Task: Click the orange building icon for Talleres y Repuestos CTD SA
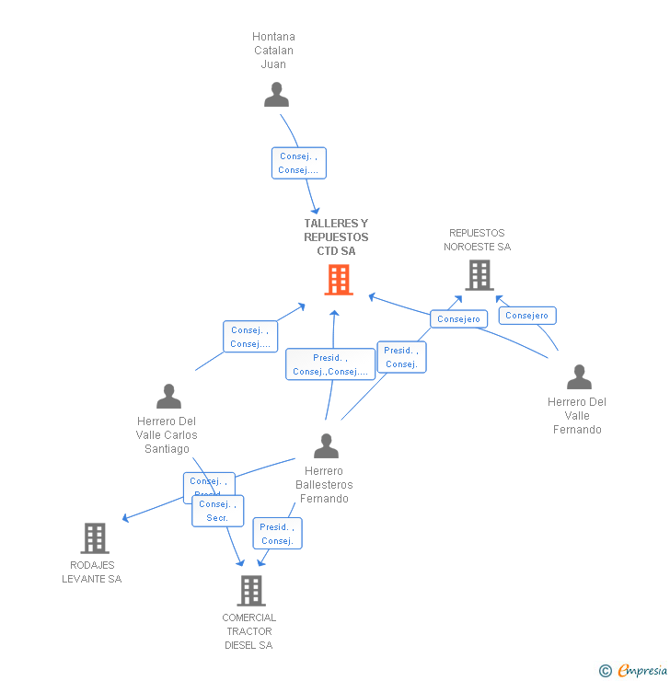(339, 280)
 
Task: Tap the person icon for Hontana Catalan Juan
(276, 95)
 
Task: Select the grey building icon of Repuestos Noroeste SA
(479, 274)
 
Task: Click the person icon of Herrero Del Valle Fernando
(579, 377)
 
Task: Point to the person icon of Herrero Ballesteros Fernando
(326, 446)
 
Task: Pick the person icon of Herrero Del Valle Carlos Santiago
(168, 397)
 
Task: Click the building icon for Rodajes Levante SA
(94, 538)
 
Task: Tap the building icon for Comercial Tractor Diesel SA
(250, 591)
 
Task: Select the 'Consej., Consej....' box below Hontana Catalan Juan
(298, 163)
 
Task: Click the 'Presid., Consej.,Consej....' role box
(329, 364)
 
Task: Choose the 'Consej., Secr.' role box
(218, 511)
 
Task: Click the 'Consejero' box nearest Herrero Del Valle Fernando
(526, 316)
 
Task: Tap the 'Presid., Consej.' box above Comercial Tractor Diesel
(277, 534)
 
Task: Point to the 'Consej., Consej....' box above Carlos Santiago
(250, 337)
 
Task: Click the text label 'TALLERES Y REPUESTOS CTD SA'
(336, 237)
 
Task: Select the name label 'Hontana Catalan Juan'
(273, 51)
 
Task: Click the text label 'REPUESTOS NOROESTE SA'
(477, 239)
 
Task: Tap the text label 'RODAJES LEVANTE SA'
(92, 571)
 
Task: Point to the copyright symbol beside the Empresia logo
(606, 671)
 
